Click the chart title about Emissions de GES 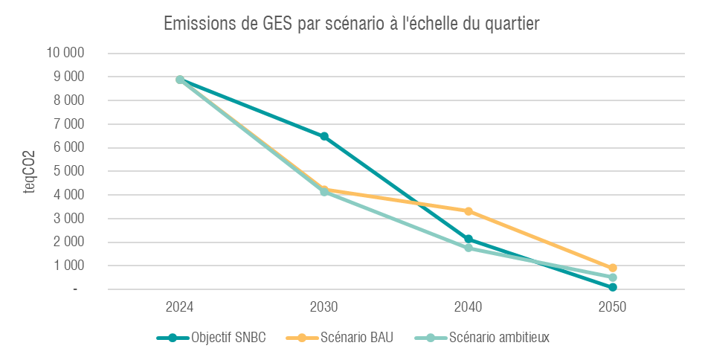(351, 24)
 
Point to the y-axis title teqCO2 (30, 171)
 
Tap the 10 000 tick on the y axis (65, 53)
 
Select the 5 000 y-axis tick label (69, 171)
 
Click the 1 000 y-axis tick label (69, 266)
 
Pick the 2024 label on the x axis (180, 307)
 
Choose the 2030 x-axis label (324, 307)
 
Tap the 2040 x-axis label (468, 307)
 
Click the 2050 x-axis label (613, 307)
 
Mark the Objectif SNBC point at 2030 (324, 136)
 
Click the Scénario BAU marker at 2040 (468, 211)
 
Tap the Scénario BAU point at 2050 (613, 268)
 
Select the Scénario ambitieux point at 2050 (613, 277)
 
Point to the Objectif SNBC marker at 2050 (613, 287)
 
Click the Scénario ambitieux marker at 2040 (468, 248)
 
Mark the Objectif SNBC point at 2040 (468, 239)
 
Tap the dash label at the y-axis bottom (75, 289)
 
